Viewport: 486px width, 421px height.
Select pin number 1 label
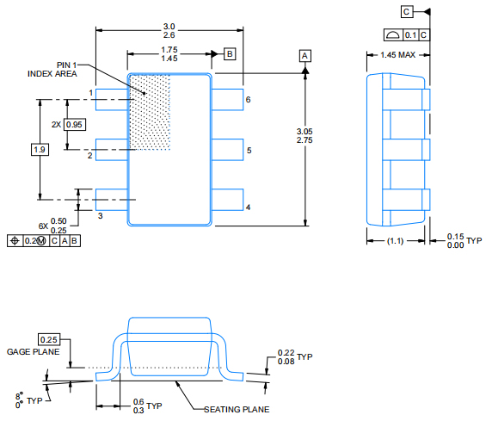(90, 92)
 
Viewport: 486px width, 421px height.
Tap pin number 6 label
(248, 100)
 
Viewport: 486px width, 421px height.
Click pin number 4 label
(248, 207)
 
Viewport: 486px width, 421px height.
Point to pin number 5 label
(248, 151)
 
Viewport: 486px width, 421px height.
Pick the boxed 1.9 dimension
(40, 150)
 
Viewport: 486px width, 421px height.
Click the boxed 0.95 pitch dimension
(75, 125)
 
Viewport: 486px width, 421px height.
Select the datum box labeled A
(305, 55)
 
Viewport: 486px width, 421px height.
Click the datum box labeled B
(230, 53)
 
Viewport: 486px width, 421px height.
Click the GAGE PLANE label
(33, 352)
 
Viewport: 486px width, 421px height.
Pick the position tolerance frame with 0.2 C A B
(44, 240)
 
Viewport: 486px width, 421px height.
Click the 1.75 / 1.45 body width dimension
(169, 53)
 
